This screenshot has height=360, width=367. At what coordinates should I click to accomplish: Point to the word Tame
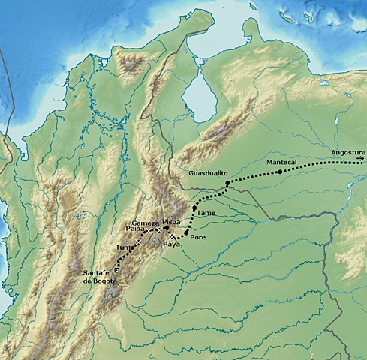(x=206, y=213)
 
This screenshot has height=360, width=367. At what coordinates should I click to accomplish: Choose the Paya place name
(x=172, y=244)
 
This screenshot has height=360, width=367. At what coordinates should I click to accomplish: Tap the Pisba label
(x=171, y=222)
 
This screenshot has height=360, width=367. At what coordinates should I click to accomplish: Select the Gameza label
(x=145, y=223)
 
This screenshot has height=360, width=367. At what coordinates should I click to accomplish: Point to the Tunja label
(x=125, y=247)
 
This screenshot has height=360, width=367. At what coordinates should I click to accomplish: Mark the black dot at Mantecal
(x=279, y=172)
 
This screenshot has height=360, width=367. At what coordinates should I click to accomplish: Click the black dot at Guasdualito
(x=227, y=183)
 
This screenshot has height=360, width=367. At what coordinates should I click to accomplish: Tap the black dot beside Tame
(x=194, y=208)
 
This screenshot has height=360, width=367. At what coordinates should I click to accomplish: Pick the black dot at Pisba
(x=167, y=228)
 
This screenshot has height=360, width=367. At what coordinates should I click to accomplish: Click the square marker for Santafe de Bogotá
(x=116, y=268)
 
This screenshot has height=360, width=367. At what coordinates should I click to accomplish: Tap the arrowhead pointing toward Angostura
(x=361, y=158)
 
